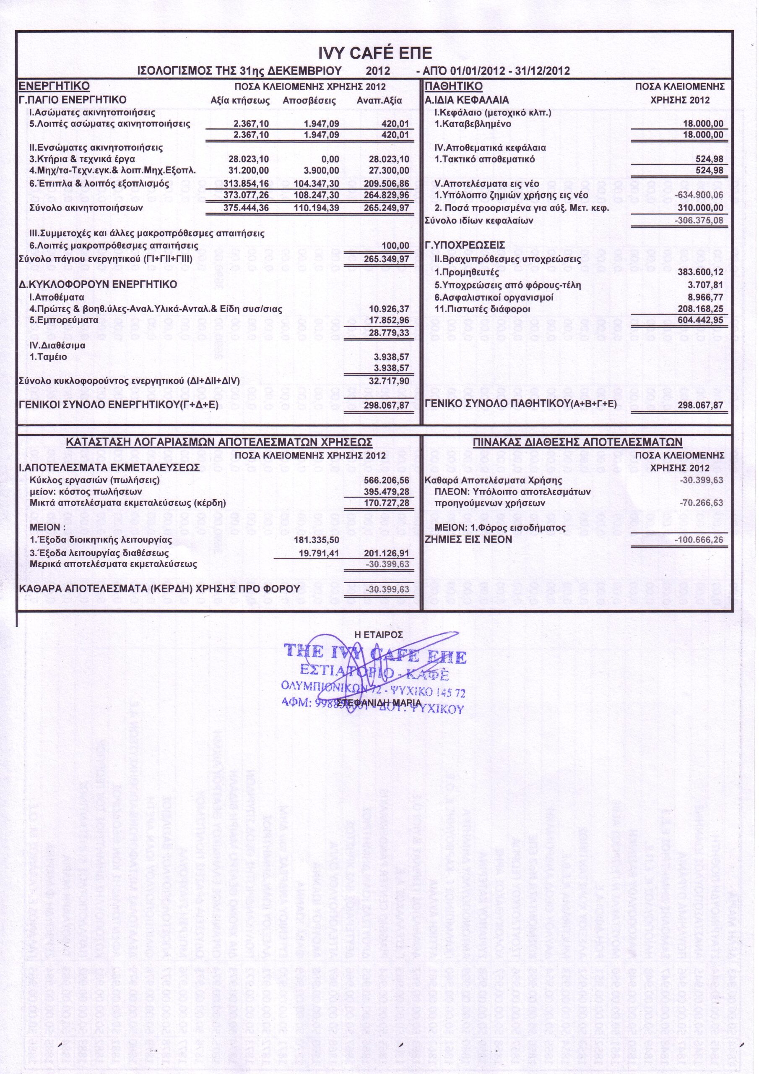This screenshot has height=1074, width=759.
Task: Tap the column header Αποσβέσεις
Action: pos(309,101)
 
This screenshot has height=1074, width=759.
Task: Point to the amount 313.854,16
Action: pos(246,183)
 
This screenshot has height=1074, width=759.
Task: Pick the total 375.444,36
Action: pos(246,208)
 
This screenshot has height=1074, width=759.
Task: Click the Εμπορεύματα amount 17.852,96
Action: pos(389,321)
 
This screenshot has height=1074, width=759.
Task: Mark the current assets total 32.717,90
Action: pos(389,381)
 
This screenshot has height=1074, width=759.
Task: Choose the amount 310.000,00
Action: pos(700,208)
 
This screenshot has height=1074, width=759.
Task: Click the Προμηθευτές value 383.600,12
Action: pos(700,272)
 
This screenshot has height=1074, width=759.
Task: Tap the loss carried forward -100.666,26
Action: pos(699,540)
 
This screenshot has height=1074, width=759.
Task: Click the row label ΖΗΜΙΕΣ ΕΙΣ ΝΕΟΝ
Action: pos(468,540)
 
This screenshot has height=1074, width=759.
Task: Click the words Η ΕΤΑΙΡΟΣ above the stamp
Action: pos(379,635)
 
